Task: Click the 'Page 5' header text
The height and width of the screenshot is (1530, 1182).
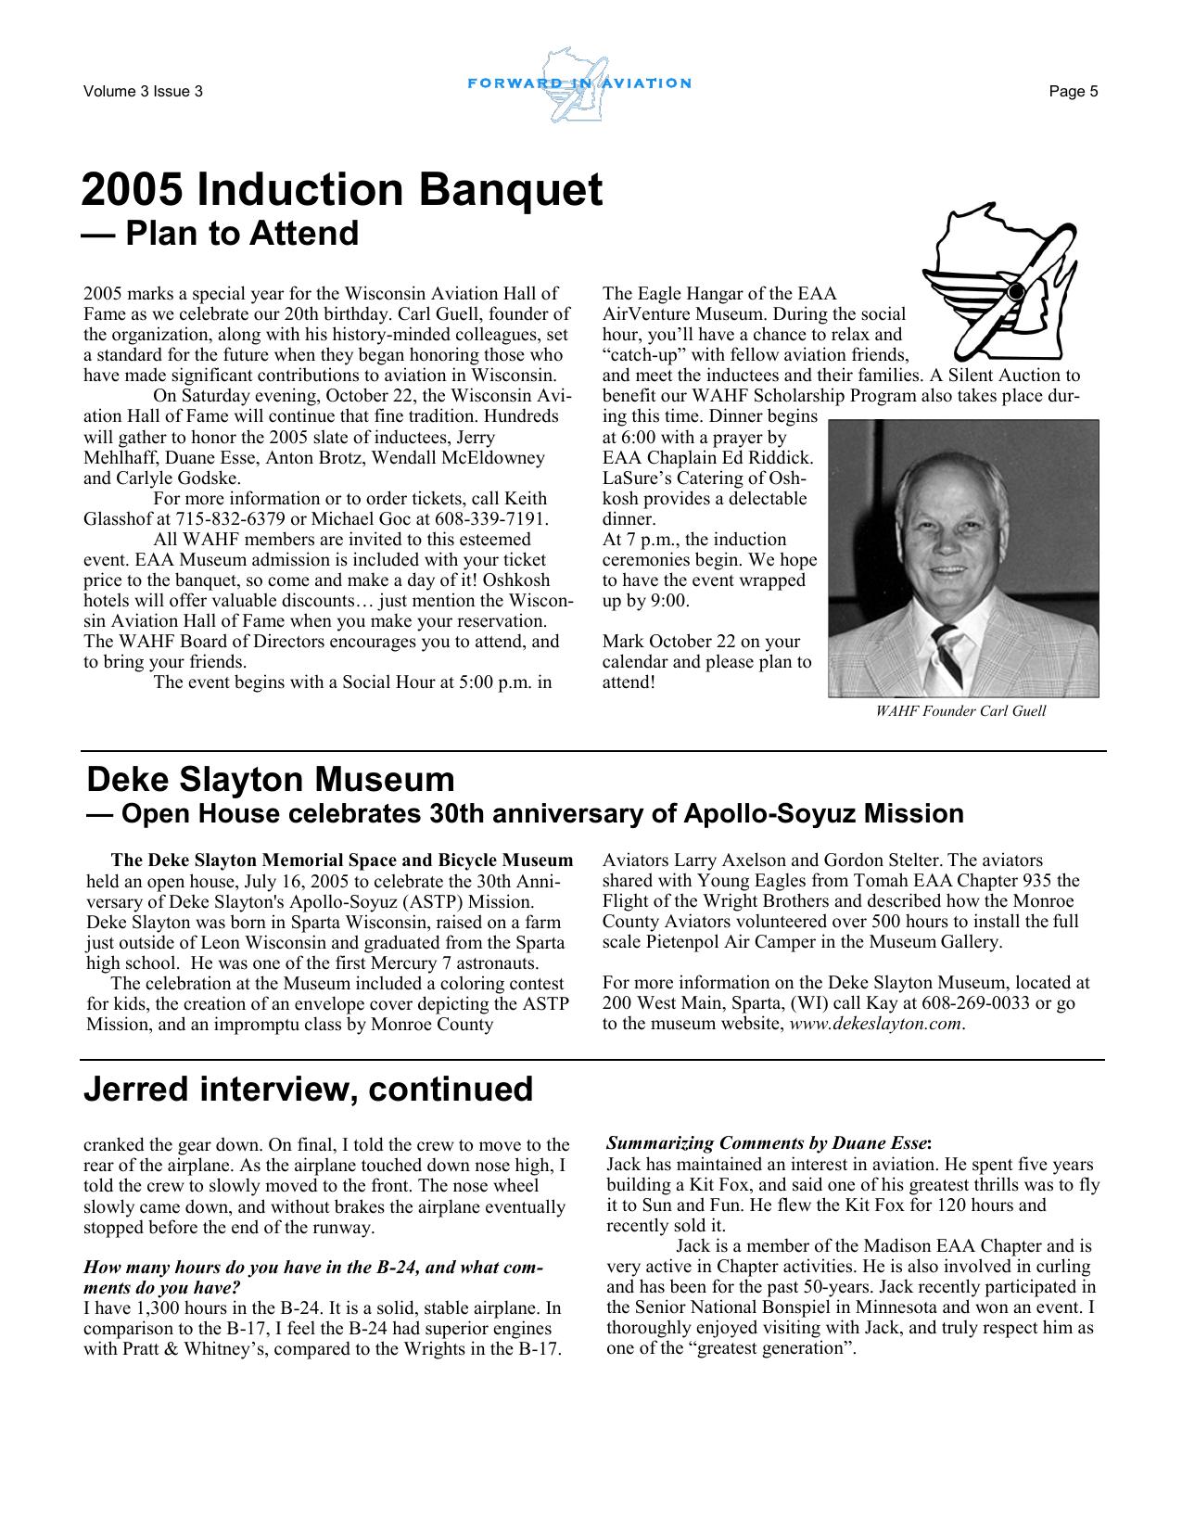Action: (x=1074, y=91)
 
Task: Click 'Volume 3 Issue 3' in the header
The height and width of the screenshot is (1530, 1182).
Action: (x=143, y=91)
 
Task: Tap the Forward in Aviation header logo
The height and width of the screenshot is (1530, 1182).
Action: (x=579, y=84)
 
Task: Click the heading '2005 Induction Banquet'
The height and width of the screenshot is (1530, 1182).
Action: (x=341, y=190)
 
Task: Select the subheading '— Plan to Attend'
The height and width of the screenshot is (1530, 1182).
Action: (x=220, y=233)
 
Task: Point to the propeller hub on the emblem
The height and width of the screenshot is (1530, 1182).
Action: (x=1016, y=292)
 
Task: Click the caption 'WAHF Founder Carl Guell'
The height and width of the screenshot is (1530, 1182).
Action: (x=960, y=711)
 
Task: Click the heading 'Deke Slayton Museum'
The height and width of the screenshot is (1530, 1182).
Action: (x=270, y=779)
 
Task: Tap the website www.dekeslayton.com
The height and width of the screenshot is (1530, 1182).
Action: (x=875, y=1025)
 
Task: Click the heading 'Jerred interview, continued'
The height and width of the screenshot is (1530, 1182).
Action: (x=308, y=1089)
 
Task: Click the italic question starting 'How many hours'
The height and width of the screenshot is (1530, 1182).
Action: (x=312, y=1268)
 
